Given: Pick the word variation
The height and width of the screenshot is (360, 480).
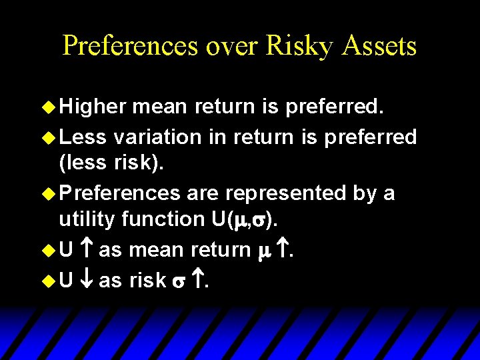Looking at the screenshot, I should [x=157, y=137].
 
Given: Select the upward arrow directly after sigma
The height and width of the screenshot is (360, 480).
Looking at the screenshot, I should [x=200, y=281].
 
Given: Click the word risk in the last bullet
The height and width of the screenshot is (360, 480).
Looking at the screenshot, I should [x=147, y=281].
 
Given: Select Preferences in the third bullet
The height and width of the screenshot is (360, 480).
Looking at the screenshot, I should [x=120, y=193].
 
